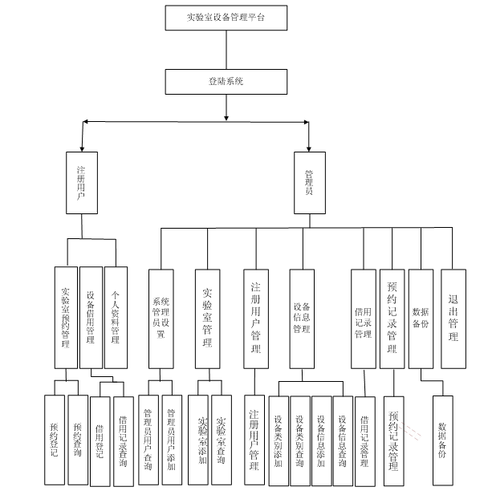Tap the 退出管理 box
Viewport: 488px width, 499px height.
pos(453,318)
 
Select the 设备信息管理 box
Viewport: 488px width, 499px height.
pos(301,318)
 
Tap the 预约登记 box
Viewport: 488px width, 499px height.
pos(54,440)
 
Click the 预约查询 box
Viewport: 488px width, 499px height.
pos(78,440)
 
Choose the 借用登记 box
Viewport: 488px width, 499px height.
pos(100,440)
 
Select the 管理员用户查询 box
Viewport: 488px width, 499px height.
pos(148,440)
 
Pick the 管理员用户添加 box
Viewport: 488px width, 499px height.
pos(172,440)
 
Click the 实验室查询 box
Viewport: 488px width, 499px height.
pos(222,440)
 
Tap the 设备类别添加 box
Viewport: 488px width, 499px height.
pos(279,440)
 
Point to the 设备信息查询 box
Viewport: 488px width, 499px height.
pos(343,440)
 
